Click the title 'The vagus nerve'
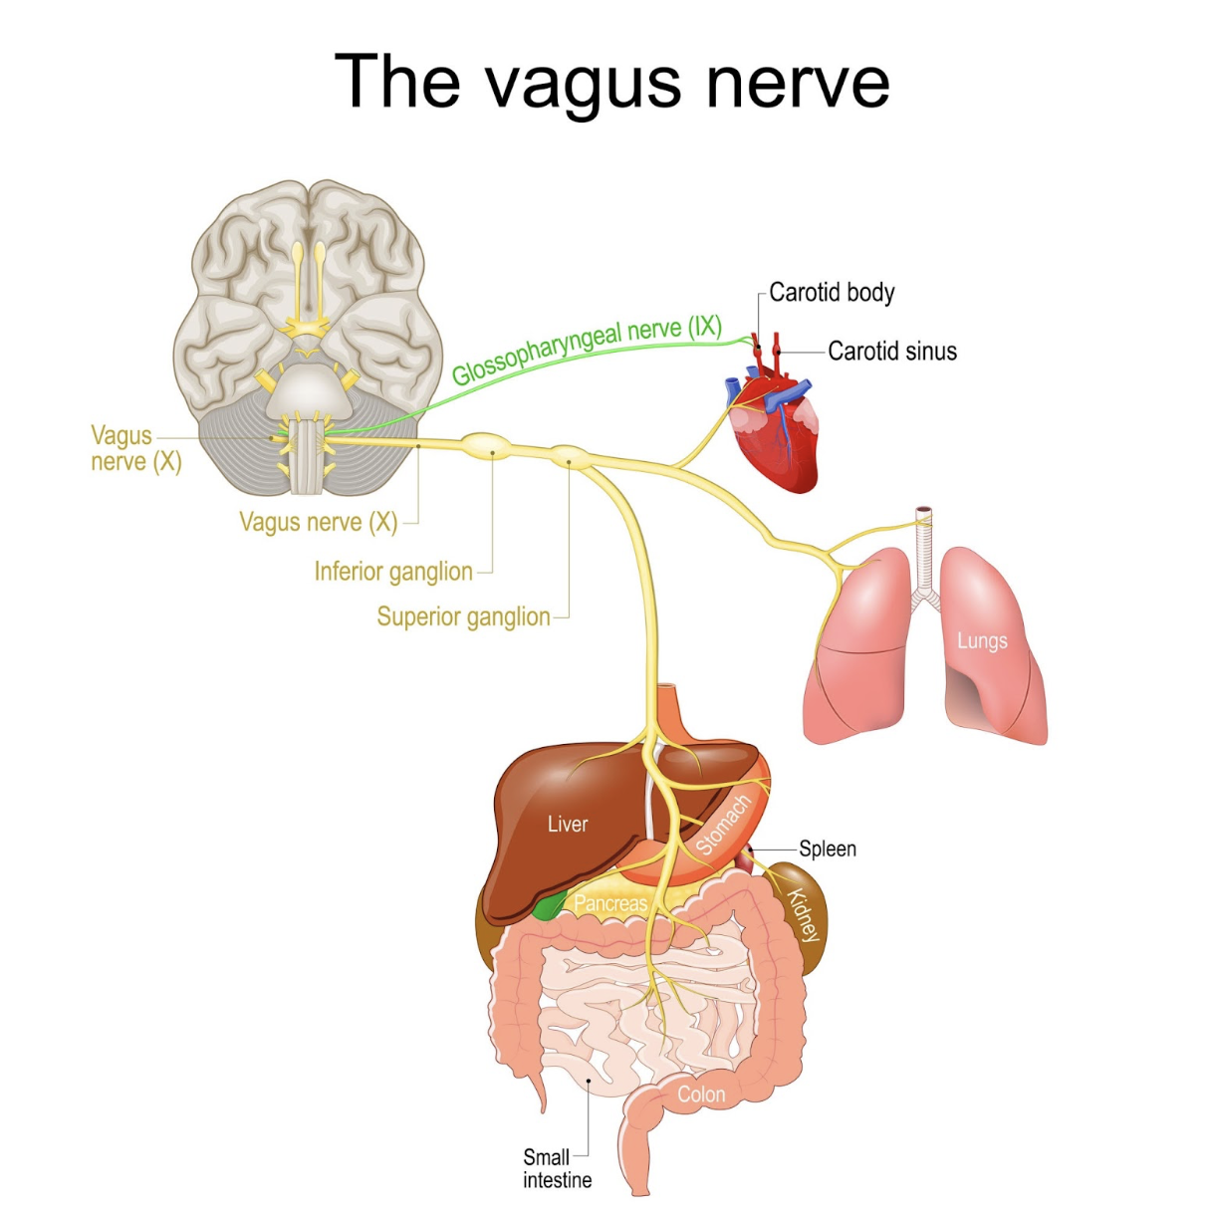coord(611,82)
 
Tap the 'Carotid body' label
coord(832,293)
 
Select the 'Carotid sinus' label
coord(891,352)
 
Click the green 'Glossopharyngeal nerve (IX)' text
coord(587,351)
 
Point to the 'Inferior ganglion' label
coord(393,572)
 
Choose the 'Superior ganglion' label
coord(463,617)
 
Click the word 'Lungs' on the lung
coord(982,641)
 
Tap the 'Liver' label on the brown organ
coord(568,825)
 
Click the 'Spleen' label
coord(828,850)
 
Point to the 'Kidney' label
coord(803,915)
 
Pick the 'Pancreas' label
coord(610,904)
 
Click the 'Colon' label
coord(701,1094)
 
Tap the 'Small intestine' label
coord(557,1169)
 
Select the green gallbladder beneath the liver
coord(547,906)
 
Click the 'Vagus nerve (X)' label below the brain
coord(319,522)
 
